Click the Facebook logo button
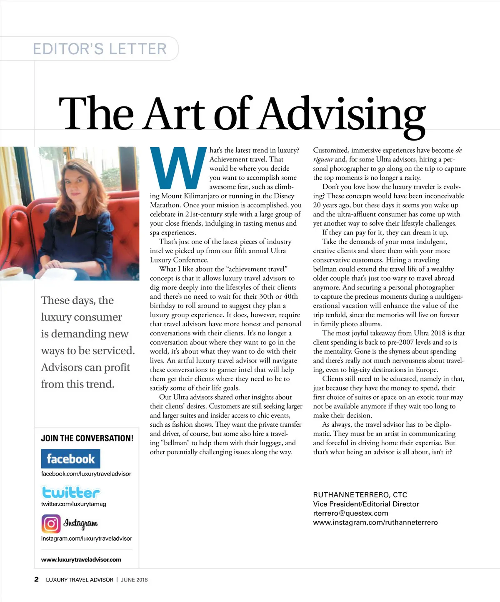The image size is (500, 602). (x=70, y=459)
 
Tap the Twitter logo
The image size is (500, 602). (x=71, y=492)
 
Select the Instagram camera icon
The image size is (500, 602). (x=51, y=523)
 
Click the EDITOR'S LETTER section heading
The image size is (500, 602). (x=100, y=49)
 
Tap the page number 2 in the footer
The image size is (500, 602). (x=37, y=579)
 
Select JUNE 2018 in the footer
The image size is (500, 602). (x=134, y=579)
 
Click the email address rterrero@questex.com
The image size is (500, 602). (x=350, y=513)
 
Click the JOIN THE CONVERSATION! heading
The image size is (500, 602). (x=87, y=438)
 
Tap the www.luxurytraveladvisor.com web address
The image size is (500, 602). (x=81, y=559)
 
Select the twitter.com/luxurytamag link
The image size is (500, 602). (x=73, y=504)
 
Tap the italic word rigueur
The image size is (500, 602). (x=323, y=159)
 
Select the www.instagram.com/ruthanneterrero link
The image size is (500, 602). (x=375, y=522)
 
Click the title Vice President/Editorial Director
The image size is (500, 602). (x=366, y=504)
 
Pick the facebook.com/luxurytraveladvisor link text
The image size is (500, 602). (x=86, y=474)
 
